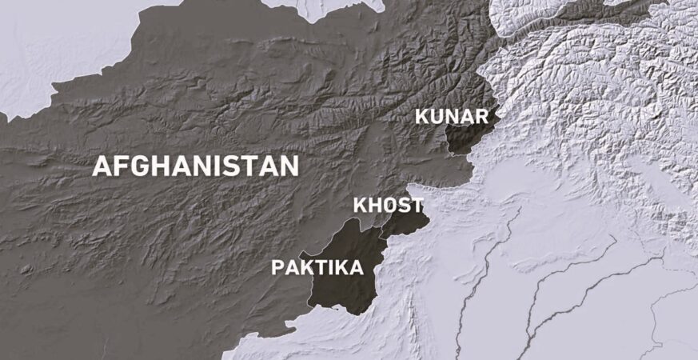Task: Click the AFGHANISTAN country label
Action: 196,166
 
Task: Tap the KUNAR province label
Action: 451,117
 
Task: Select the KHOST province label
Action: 388,206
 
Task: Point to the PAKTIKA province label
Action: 317,267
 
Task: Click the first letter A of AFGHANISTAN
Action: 102,166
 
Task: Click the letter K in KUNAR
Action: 421,117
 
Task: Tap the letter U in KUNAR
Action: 437,117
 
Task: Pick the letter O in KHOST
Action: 389,206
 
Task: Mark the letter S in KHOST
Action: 403,206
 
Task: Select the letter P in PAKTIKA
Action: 278,267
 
